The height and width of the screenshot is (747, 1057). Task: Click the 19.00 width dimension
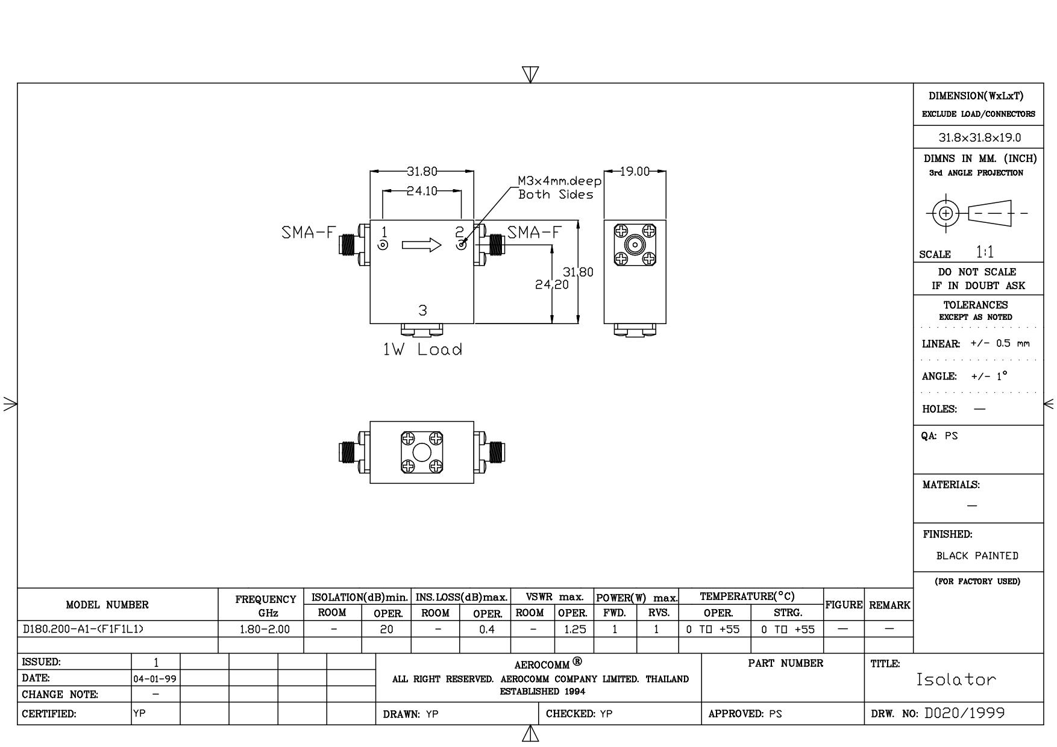[x=636, y=172]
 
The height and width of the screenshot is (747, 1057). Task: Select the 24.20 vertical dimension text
[x=552, y=284]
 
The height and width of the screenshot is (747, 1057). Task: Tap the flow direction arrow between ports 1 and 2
[x=422, y=245]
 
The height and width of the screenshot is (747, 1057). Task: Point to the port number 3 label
[x=423, y=310]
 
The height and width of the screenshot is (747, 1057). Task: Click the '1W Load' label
[x=423, y=350]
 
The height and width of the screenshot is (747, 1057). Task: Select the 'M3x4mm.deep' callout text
[x=560, y=181]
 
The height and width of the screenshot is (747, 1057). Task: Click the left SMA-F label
[x=307, y=233]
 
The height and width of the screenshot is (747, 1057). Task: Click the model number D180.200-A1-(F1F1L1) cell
[x=83, y=630]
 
